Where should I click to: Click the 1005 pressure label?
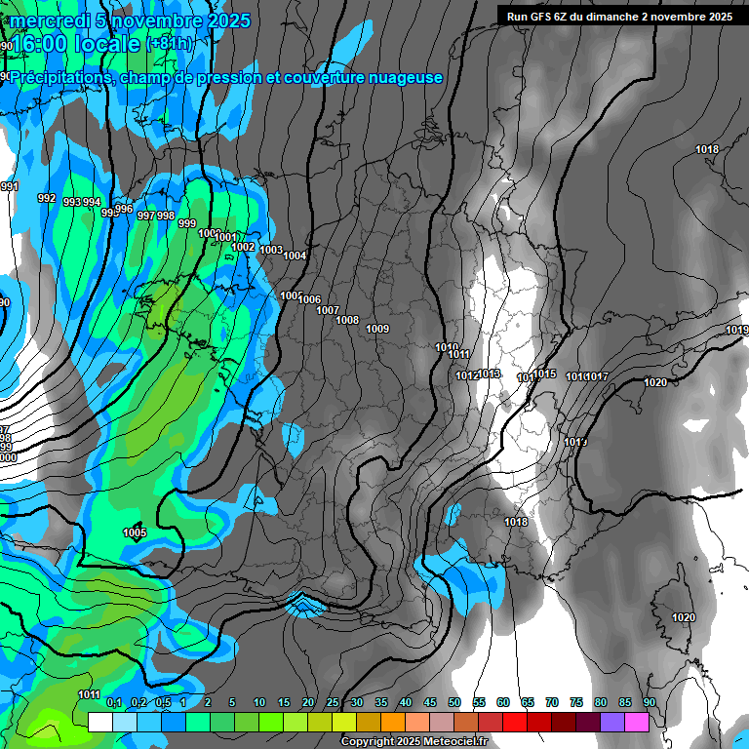point(135,532)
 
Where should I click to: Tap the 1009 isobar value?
point(377,329)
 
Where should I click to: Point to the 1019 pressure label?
point(737,331)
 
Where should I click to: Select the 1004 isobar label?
point(295,256)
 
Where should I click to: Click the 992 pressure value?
point(47,198)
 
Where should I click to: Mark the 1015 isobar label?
point(544,374)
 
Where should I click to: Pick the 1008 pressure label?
point(347,320)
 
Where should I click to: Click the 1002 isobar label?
point(244,247)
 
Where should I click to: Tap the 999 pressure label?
point(187,223)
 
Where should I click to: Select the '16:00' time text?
point(44,44)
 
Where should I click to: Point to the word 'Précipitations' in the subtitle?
point(59,77)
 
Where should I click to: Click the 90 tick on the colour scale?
point(650,702)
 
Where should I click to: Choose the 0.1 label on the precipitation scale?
point(113,702)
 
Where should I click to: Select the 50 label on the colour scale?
point(454,702)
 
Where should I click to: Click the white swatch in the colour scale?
point(99,722)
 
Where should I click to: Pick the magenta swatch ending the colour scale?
point(637,722)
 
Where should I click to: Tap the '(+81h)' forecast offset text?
point(169,44)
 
